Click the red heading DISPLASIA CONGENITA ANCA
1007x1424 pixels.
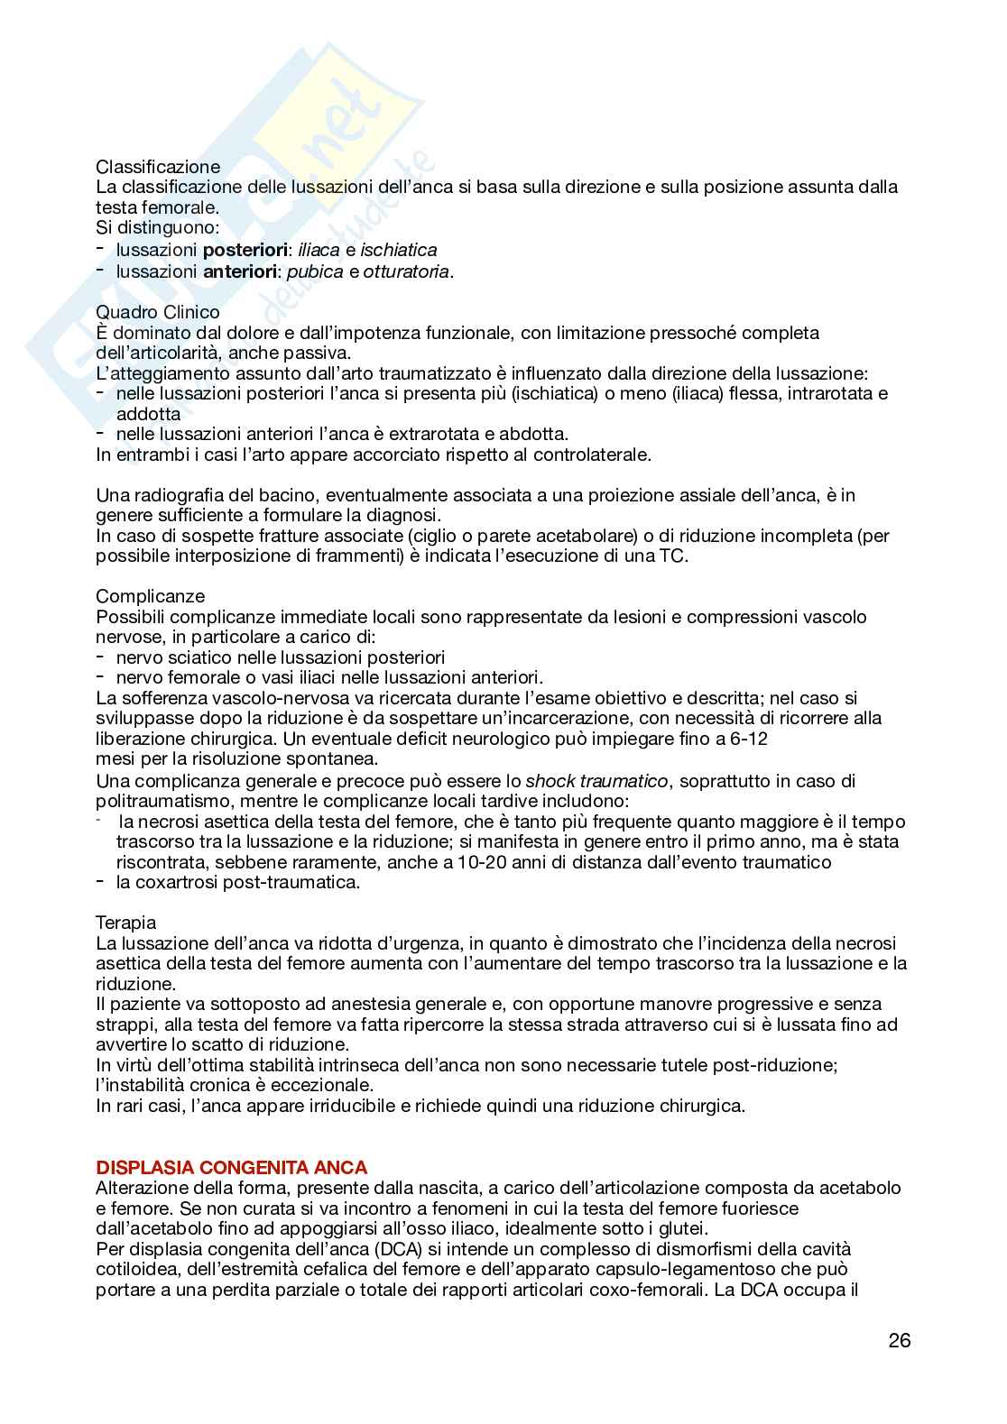pyautogui.click(x=231, y=1168)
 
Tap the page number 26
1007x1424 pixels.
pyautogui.click(x=899, y=1340)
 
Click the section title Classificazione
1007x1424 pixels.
pyautogui.click(x=158, y=167)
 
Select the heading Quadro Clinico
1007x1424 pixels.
pyautogui.click(x=158, y=312)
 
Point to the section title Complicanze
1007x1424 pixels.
pyautogui.click(x=151, y=596)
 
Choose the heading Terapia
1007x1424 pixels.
pyautogui.click(x=126, y=923)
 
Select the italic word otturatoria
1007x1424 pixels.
pyautogui.click(x=405, y=271)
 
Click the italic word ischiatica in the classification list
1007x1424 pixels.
pyautogui.click(x=398, y=250)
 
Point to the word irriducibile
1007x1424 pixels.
pyautogui.click(x=289, y=1106)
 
